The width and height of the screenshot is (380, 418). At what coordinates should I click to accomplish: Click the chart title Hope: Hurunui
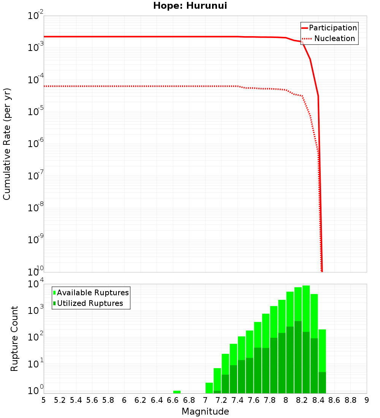190,6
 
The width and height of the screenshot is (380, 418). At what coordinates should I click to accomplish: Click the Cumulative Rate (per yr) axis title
7,144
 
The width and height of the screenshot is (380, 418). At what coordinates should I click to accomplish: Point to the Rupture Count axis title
14,339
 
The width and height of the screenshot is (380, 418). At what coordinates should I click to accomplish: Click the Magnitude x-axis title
205,412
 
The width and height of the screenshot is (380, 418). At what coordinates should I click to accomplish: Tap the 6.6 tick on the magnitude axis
173,400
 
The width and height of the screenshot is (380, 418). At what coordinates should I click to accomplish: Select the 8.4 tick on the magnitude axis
318,400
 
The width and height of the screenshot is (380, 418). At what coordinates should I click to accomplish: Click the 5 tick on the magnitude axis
44,400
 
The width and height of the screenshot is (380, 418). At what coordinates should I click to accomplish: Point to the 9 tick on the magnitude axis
367,400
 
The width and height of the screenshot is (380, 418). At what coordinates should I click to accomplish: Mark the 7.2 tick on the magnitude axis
222,400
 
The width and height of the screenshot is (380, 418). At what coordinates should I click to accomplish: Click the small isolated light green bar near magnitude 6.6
177,392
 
